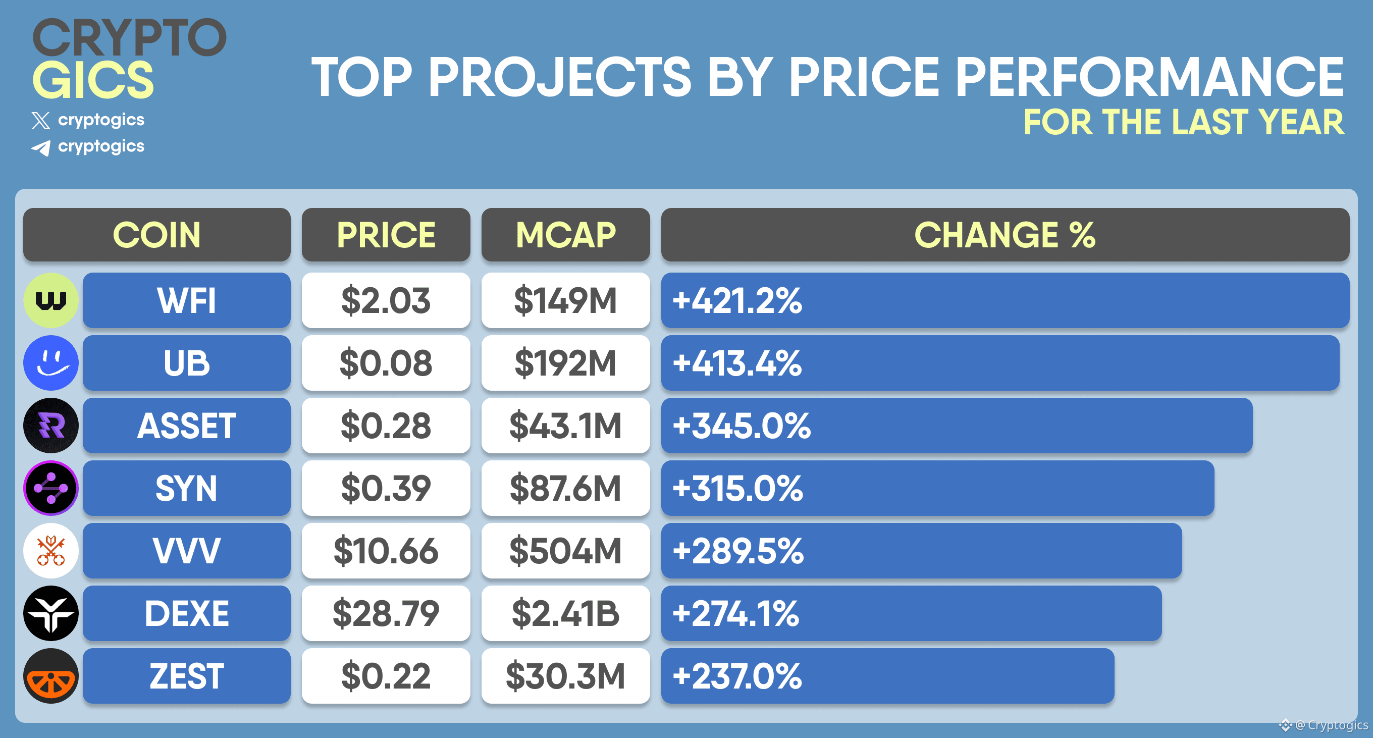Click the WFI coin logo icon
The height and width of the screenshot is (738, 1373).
point(51,300)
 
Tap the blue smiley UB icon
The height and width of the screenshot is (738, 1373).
point(51,363)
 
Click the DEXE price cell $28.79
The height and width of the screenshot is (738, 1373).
point(386,613)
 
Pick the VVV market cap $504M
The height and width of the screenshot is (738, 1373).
point(565,551)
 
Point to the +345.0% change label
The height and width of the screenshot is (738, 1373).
point(742,426)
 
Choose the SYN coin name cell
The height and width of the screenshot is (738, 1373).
point(187,488)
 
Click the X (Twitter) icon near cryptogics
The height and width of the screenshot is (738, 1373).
point(41,121)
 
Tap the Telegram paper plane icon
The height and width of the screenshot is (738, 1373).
point(41,147)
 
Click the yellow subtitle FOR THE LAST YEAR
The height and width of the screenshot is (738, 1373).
point(1184,123)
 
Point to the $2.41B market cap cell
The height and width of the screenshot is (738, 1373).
point(565,613)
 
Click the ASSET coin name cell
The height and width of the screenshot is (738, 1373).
point(187,426)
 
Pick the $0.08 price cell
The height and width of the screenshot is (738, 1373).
point(386,363)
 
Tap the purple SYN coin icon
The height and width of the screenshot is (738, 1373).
point(51,488)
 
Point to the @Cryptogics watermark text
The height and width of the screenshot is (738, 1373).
point(1331,725)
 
